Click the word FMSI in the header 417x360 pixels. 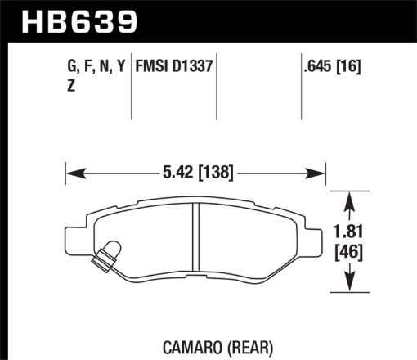click(x=155, y=66)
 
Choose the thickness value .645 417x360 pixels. click(x=315, y=66)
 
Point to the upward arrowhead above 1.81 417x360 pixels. click(x=350, y=196)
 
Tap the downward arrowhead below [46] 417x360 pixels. click(x=350, y=286)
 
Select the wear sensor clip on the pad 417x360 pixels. click(x=105, y=257)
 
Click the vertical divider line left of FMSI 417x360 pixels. click(x=132, y=82)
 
